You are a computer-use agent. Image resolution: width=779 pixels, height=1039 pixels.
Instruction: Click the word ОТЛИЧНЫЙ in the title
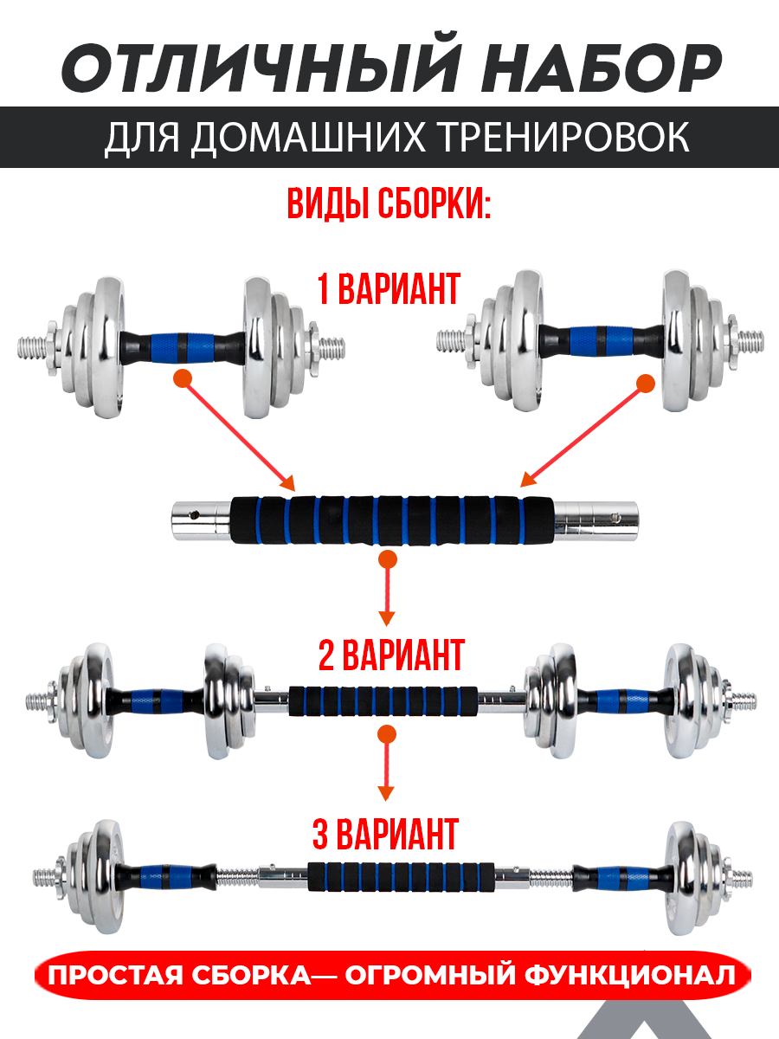[x=261, y=63]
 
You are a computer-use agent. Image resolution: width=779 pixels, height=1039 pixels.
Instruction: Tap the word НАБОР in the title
[x=602, y=68]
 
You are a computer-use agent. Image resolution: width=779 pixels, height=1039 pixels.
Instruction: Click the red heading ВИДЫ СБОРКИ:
[x=389, y=204]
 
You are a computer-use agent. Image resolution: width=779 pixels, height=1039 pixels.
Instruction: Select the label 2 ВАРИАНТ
[x=391, y=655]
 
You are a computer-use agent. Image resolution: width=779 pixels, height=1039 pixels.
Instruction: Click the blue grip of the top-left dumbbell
[x=183, y=347]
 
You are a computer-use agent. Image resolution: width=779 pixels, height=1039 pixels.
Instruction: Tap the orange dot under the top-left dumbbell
[x=183, y=378]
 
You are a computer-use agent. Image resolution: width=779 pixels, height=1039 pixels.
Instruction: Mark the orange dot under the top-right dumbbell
[x=646, y=384]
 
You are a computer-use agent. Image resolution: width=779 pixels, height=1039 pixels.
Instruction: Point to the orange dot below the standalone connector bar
[x=388, y=559]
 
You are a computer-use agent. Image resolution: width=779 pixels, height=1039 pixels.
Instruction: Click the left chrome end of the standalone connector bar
[x=201, y=520]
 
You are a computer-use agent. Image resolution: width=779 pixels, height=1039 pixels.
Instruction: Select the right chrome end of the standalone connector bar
[x=596, y=520]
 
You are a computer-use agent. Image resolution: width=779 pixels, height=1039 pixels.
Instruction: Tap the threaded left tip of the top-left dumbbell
[x=32, y=348]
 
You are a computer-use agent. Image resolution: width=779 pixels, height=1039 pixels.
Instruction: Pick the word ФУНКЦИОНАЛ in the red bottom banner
[x=630, y=977]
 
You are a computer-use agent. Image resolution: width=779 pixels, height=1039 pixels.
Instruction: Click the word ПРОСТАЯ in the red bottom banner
[x=114, y=977]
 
